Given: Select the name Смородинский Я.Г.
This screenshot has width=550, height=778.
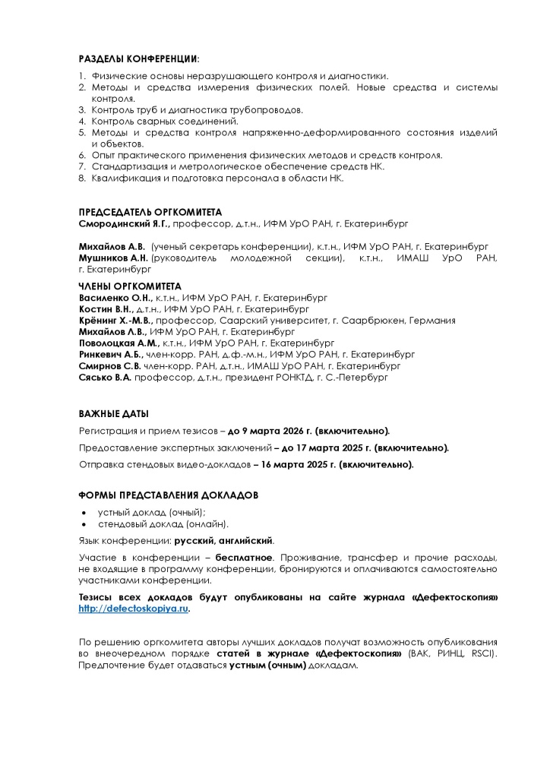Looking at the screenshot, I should click(x=125, y=225).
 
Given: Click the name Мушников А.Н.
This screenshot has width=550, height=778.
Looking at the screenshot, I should click(x=113, y=258).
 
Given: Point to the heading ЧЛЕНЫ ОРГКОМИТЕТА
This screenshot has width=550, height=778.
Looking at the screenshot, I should click(x=130, y=286).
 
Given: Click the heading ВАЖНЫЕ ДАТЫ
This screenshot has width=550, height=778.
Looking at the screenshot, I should click(x=114, y=413).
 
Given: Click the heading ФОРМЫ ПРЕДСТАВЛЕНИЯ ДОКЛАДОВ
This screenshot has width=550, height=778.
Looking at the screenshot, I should click(x=169, y=495).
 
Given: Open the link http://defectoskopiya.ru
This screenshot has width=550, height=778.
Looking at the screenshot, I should click(x=133, y=609).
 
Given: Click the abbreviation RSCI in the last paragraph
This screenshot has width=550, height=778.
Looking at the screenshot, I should click(x=479, y=653).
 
